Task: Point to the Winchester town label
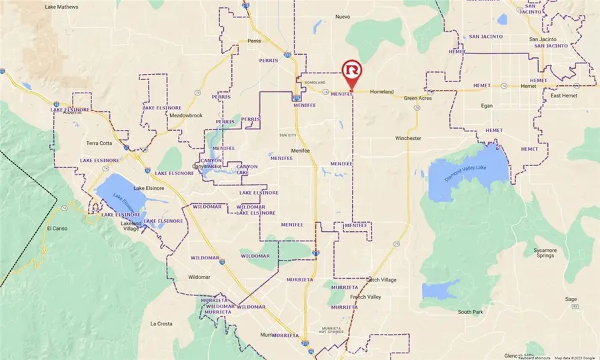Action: [x=408, y=138]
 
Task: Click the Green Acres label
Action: [x=417, y=99]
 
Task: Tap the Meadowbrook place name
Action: [x=167, y=115]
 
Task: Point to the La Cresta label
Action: [x=161, y=324]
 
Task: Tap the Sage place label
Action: [x=571, y=299]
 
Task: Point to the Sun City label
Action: [x=287, y=135]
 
